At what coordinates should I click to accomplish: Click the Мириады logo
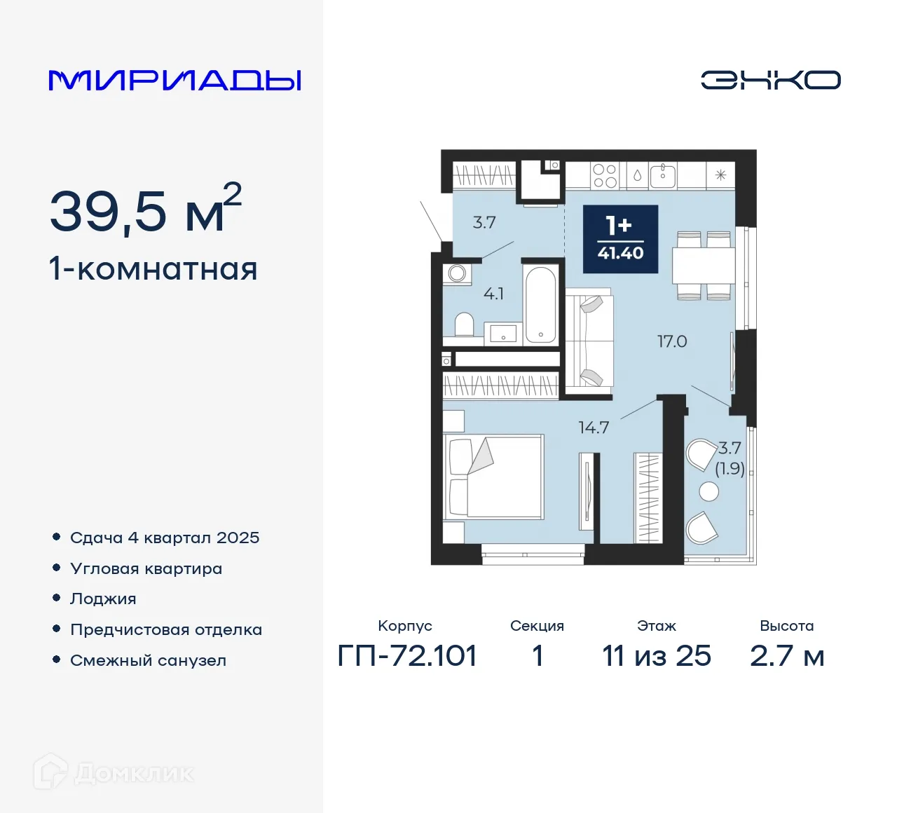(175, 80)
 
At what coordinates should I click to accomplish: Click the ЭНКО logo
(770, 80)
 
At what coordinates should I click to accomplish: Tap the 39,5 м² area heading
(145, 210)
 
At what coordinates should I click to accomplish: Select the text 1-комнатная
(153, 269)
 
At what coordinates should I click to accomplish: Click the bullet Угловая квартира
(146, 568)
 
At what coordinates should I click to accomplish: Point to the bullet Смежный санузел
(148, 660)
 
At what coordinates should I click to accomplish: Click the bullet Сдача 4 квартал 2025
(165, 538)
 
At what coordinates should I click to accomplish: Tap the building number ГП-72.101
(407, 656)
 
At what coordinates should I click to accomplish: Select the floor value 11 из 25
(657, 656)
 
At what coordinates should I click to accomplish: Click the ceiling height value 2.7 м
(786, 656)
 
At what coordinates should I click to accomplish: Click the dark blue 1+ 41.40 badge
(620, 239)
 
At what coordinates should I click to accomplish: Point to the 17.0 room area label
(671, 341)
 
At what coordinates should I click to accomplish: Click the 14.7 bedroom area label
(594, 428)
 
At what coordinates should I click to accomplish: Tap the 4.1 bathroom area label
(493, 294)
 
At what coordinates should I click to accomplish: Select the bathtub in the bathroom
(540, 303)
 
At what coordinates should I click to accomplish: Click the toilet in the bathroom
(464, 324)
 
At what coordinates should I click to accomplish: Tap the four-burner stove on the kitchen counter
(605, 175)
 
